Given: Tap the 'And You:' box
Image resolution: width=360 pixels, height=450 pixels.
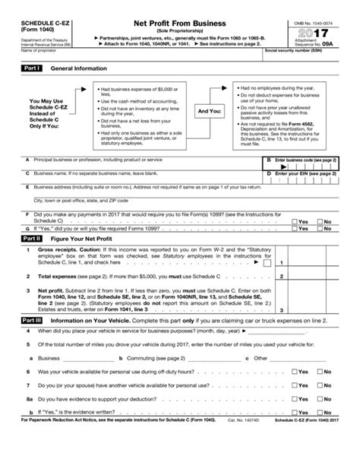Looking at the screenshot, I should (x=209, y=111).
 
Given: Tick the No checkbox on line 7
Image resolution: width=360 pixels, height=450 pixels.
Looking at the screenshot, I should (x=321, y=385).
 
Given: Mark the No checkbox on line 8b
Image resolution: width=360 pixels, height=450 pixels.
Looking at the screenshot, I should (x=321, y=410).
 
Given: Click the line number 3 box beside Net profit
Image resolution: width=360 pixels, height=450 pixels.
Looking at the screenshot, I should (x=282, y=310).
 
